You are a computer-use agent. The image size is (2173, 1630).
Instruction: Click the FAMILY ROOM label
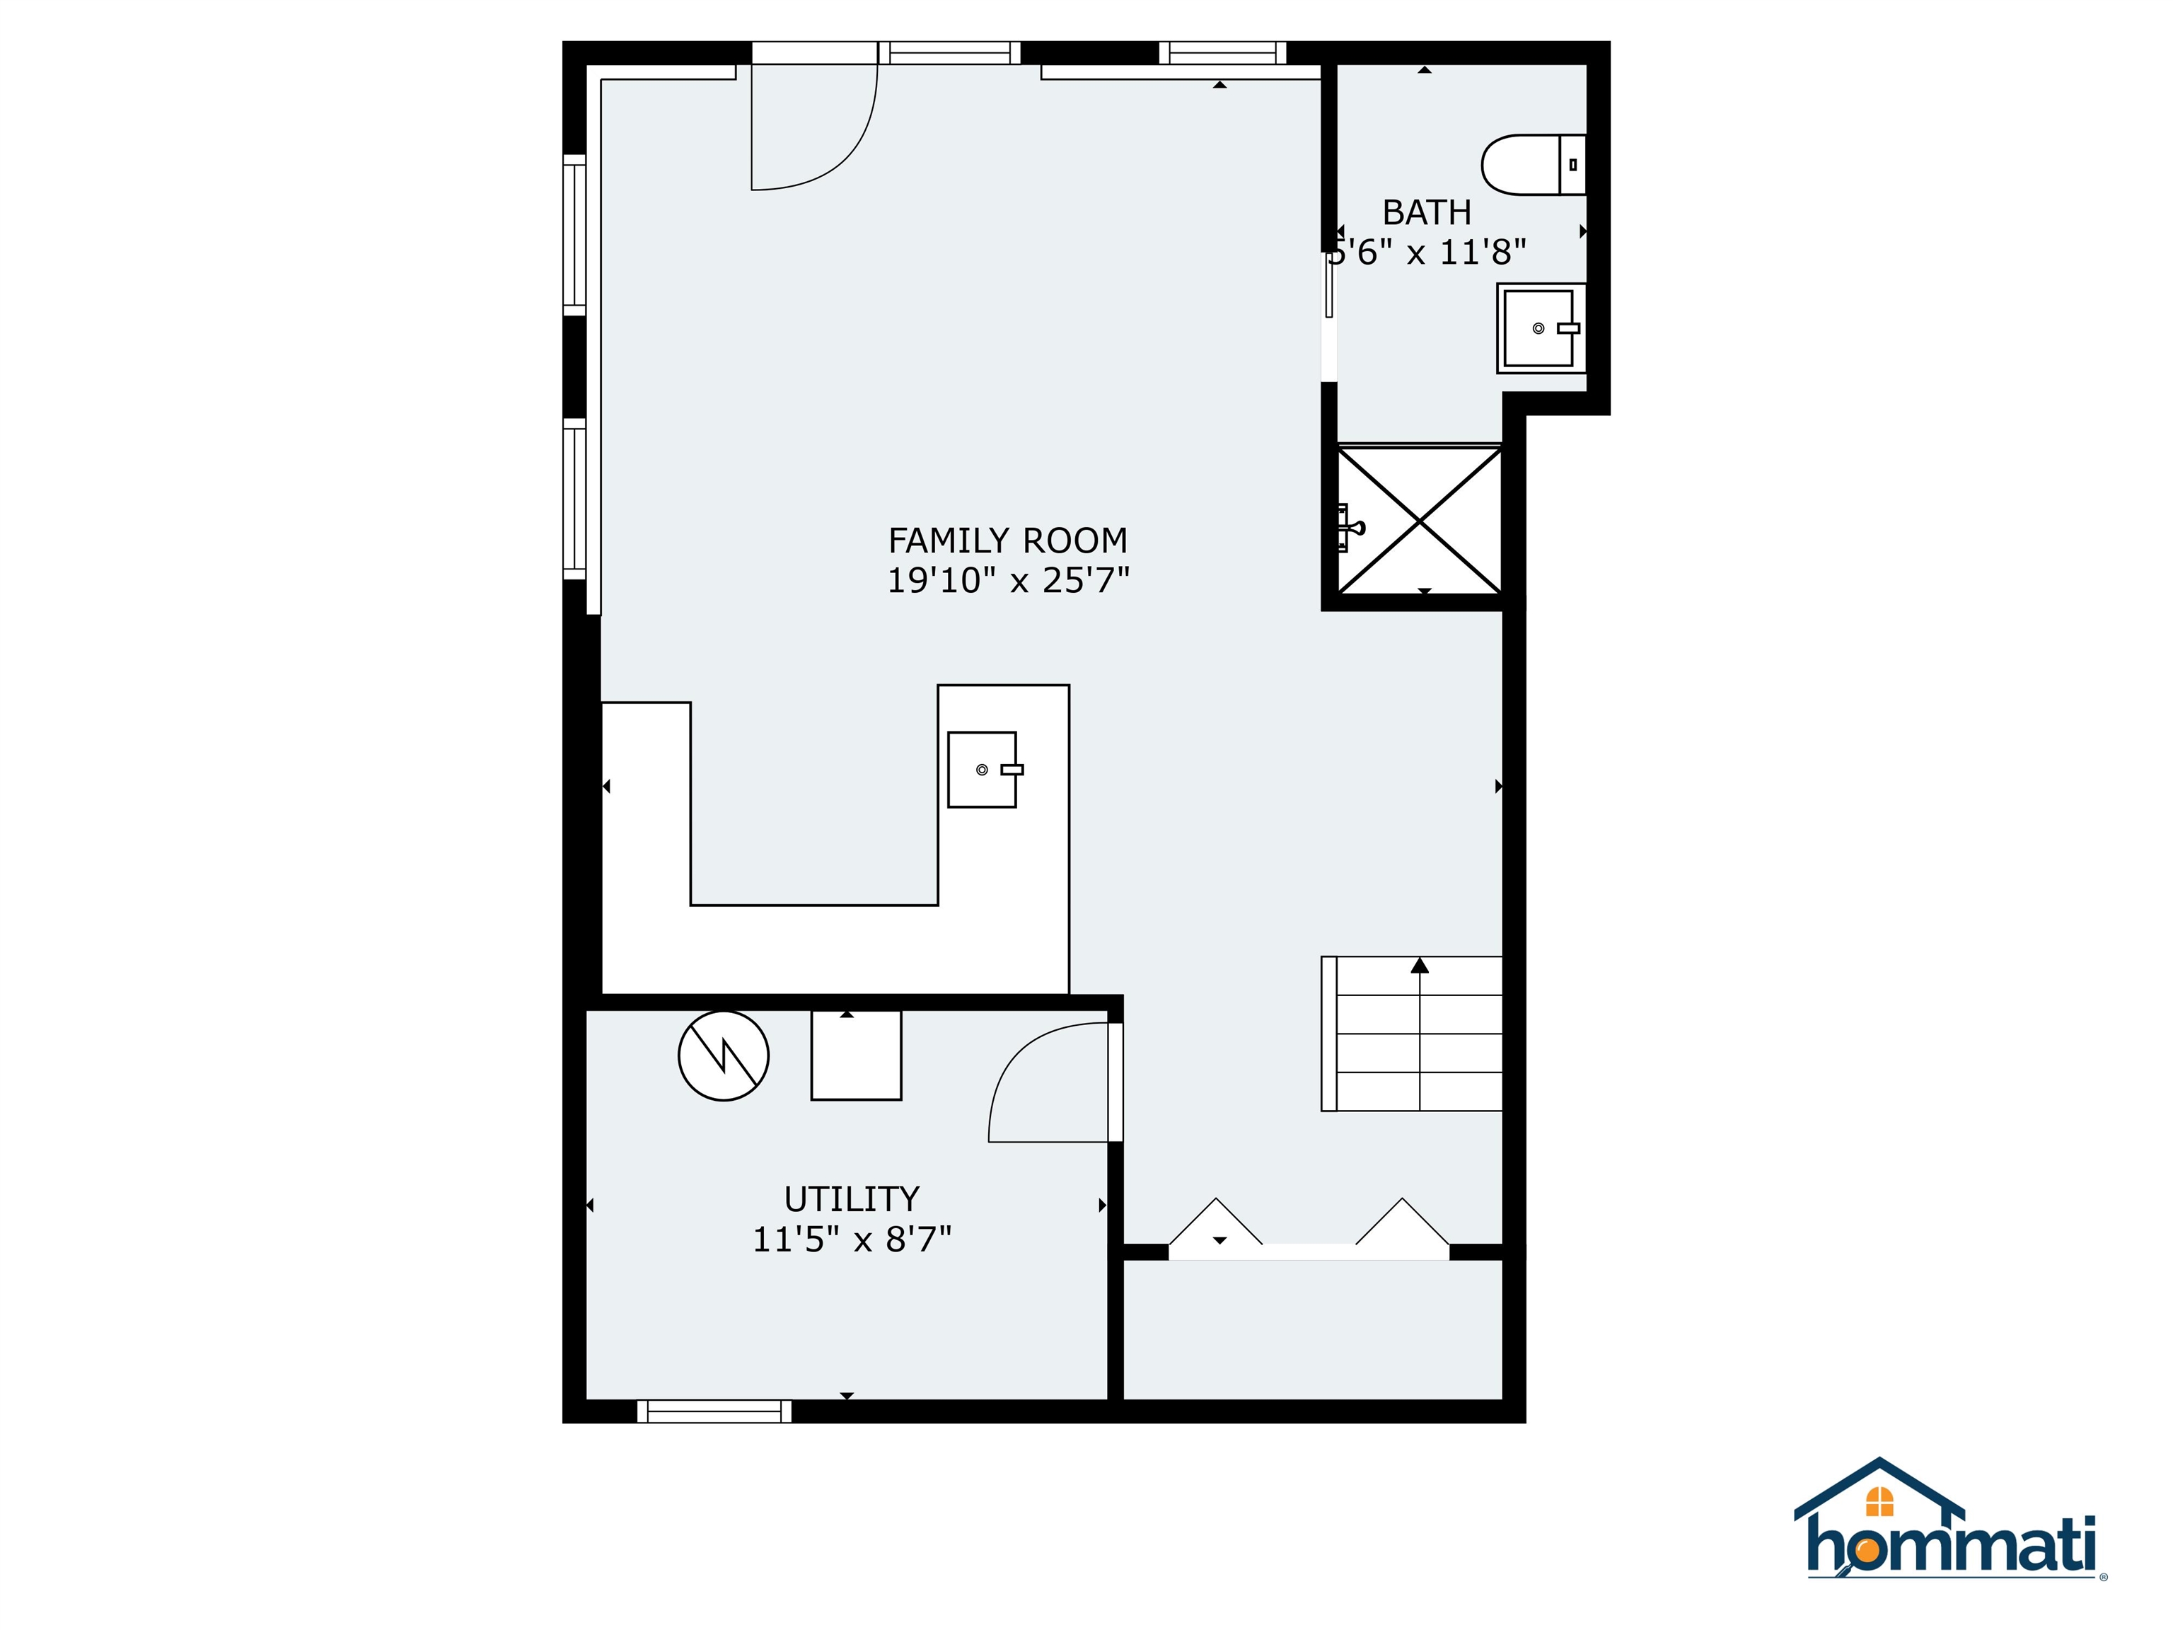pyautogui.click(x=1007, y=541)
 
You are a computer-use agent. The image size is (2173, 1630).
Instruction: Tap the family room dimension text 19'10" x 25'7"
pyautogui.click(x=1008, y=581)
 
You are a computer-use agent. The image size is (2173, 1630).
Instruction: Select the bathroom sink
pyautogui.click(x=1539, y=328)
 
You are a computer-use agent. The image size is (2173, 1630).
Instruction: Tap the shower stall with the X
pyautogui.click(x=1420, y=520)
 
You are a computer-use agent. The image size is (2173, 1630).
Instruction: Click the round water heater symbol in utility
pyautogui.click(x=723, y=1056)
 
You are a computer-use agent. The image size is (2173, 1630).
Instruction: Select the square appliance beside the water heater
pyautogui.click(x=856, y=1056)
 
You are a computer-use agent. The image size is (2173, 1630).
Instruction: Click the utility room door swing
pyautogui.click(x=1046, y=1086)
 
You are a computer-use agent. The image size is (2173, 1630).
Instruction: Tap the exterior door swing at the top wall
pyautogui.click(x=813, y=128)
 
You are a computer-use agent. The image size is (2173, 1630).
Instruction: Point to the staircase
pyautogui.click(x=1412, y=1034)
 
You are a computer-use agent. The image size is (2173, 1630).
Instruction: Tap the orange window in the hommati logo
pyautogui.click(x=1879, y=1502)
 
